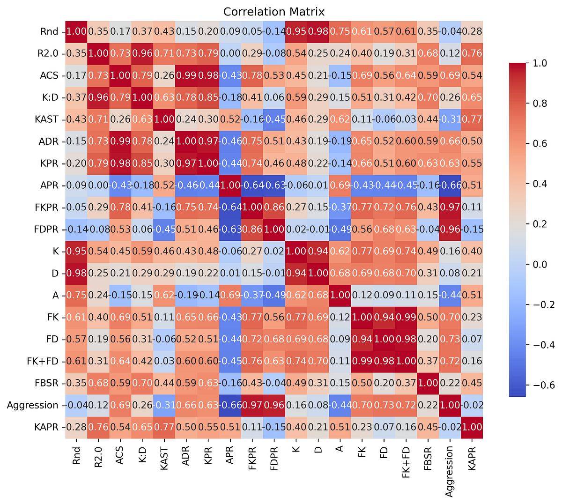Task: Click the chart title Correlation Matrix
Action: coord(274,11)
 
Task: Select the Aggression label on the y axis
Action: coord(33,405)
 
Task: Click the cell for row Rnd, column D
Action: coord(318,32)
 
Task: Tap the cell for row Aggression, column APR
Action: coord(230,405)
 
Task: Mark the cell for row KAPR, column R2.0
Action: coord(98,427)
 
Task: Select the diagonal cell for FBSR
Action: coord(428,383)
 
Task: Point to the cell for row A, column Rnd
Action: coord(76,295)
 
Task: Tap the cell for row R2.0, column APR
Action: coord(230,54)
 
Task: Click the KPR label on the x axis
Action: coord(208,455)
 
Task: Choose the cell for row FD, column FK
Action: coord(362,339)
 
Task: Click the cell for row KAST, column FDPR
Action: coord(274,119)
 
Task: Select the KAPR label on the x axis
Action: coord(472,457)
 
